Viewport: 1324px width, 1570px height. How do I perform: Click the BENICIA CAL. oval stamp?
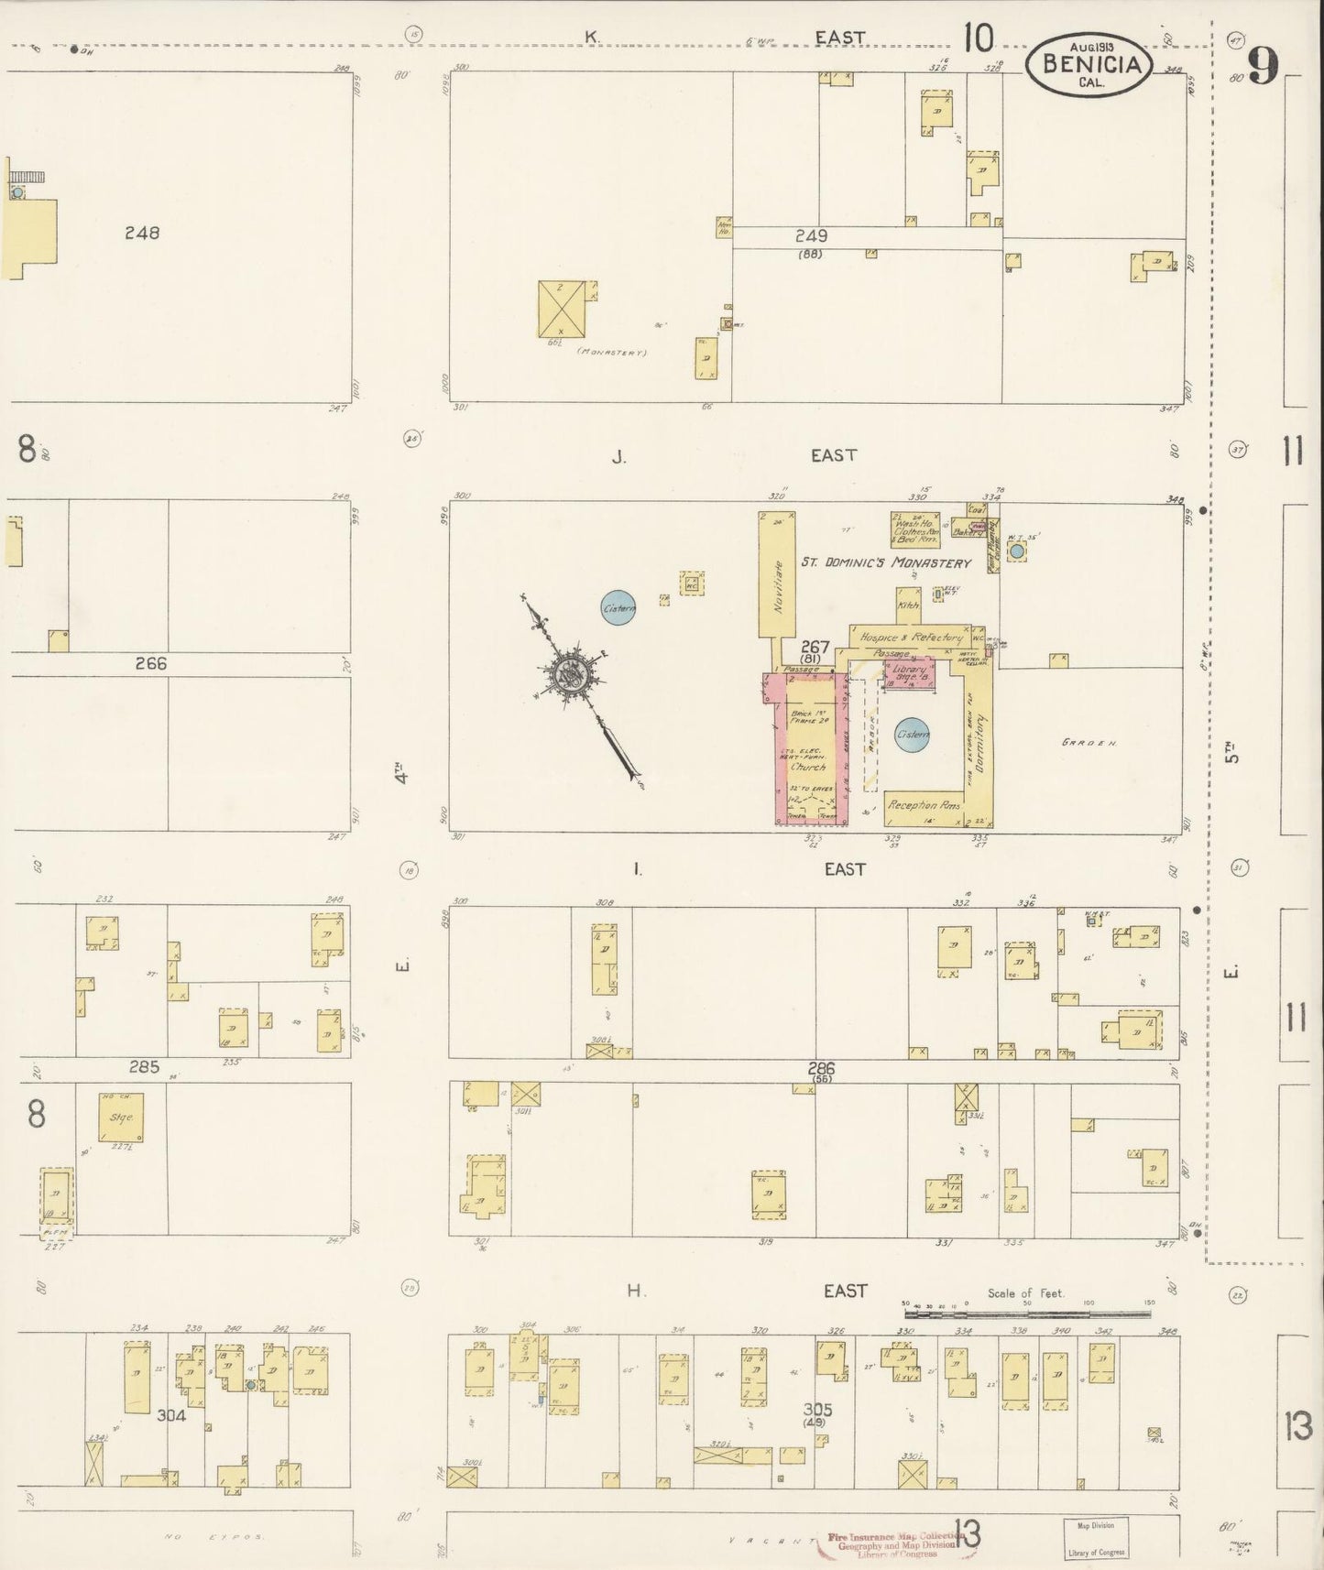[x=1089, y=63]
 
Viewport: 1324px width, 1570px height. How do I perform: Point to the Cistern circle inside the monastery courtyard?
[x=913, y=735]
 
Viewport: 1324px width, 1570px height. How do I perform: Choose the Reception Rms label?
[x=924, y=806]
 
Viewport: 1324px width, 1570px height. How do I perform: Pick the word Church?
[x=807, y=768]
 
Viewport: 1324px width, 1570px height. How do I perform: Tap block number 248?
[x=142, y=233]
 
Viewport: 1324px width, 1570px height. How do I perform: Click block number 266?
[x=151, y=663]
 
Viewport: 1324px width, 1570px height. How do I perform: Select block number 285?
[x=144, y=1066]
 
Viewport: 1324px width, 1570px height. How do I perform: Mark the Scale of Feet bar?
[x=1026, y=1314]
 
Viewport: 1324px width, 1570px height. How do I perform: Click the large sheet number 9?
[x=1262, y=66]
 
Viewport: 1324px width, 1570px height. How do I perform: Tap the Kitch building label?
[x=907, y=605]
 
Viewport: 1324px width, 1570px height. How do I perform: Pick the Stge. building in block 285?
[x=121, y=1117]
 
